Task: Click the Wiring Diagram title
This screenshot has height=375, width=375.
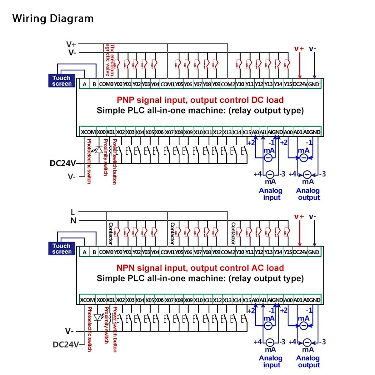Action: (53, 19)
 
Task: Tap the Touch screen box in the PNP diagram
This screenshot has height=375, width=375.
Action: (62, 81)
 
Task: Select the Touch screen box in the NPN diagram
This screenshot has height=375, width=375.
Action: (62, 249)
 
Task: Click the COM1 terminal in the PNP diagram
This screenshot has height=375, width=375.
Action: (167, 84)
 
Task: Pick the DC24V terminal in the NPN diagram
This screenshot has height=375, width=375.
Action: (300, 252)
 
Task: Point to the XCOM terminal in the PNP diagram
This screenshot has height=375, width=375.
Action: (88, 132)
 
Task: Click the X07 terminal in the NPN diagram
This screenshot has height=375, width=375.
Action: (169, 300)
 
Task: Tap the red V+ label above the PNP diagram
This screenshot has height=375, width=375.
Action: (299, 49)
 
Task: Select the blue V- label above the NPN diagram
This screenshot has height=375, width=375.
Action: (312, 217)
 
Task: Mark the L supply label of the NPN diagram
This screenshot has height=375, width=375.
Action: (73, 212)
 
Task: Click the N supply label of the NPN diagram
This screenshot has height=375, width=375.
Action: (73, 221)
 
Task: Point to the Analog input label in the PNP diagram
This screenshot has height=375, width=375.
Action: (271, 194)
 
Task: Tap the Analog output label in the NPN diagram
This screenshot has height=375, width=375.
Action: (308, 362)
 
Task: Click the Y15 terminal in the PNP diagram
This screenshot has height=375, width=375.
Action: (288, 84)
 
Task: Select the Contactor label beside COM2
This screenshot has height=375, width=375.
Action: (233, 233)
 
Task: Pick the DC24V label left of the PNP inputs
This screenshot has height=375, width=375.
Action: (62, 163)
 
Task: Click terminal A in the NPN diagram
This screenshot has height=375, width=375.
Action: (84, 252)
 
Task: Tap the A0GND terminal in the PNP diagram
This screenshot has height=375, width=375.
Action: (312, 132)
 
